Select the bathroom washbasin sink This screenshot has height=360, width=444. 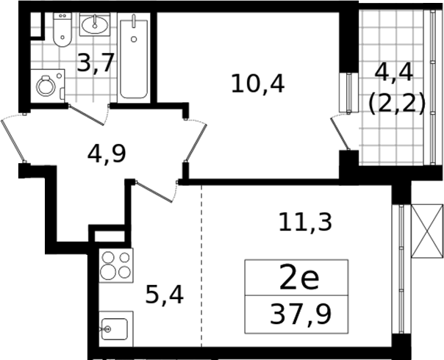coord(95,24)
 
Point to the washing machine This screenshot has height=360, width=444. coord(48,86)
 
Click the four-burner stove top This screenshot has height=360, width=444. coord(116,265)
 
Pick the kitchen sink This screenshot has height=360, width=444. coord(116,329)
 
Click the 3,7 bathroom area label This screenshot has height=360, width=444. coord(96,62)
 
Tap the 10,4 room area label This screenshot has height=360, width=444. coord(258,84)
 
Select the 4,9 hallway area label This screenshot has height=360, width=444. coord(107,154)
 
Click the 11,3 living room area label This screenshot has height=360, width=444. coord(305,223)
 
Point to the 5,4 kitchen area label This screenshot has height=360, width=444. coord(164,295)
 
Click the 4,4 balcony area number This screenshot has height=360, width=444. coord(394,73)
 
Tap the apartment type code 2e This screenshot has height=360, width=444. coord(299,278)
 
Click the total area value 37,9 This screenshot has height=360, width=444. coord(300,314)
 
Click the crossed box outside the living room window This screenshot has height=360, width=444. coord(427,231)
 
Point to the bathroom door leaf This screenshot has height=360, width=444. coord(86,115)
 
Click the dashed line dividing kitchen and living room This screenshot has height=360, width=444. coord(201,266)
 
